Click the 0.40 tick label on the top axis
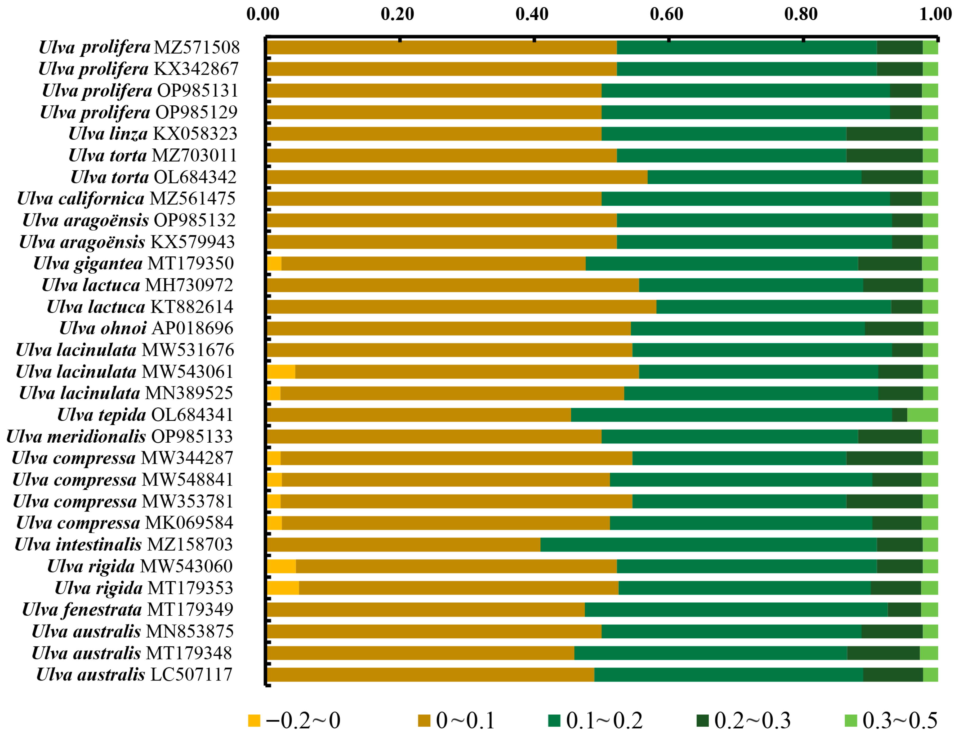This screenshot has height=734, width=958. tap(532, 14)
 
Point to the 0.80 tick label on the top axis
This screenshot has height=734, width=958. tap(800, 14)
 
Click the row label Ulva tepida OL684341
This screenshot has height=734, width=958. tap(145, 415)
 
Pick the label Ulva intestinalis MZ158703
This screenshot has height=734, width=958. tap(124, 544)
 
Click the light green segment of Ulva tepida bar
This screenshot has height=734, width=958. tap(922, 415)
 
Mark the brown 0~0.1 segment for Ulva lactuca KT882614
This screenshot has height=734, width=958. tap(461, 307)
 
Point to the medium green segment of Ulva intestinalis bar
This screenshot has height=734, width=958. tap(708, 544)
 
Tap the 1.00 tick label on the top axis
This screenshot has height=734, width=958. tap(935, 14)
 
